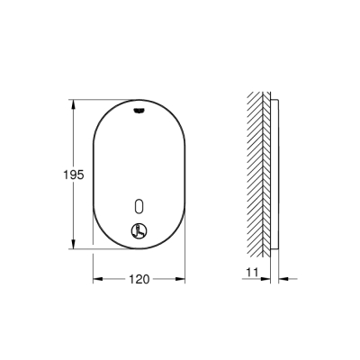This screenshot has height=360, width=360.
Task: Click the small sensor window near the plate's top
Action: pos(138,110)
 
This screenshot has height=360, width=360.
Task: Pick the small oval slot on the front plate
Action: pos(138,202)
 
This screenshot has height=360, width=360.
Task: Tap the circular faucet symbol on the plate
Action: pos(138,229)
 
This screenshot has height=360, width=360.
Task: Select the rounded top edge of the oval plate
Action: pos(138,98)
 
